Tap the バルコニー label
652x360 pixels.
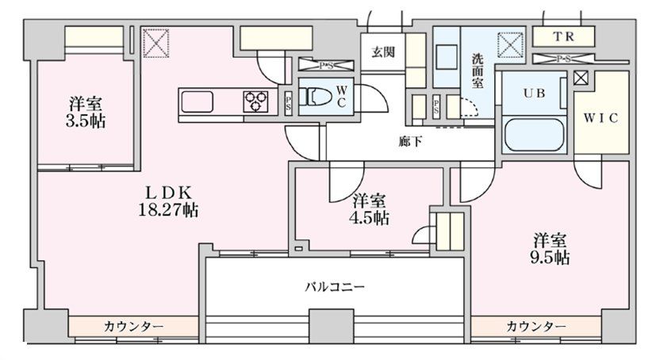click(x=335, y=286)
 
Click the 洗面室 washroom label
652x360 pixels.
click(x=478, y=69)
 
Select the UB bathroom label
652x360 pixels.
click(x=533, y=92)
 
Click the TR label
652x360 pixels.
click(x=563, y=36)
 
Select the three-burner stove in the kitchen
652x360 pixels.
click(x=255, y=100)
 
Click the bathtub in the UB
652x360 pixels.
click(x=534, y=136)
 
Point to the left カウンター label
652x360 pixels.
click(x=133, y=327)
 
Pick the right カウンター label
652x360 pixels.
click(x=536, y=327)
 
